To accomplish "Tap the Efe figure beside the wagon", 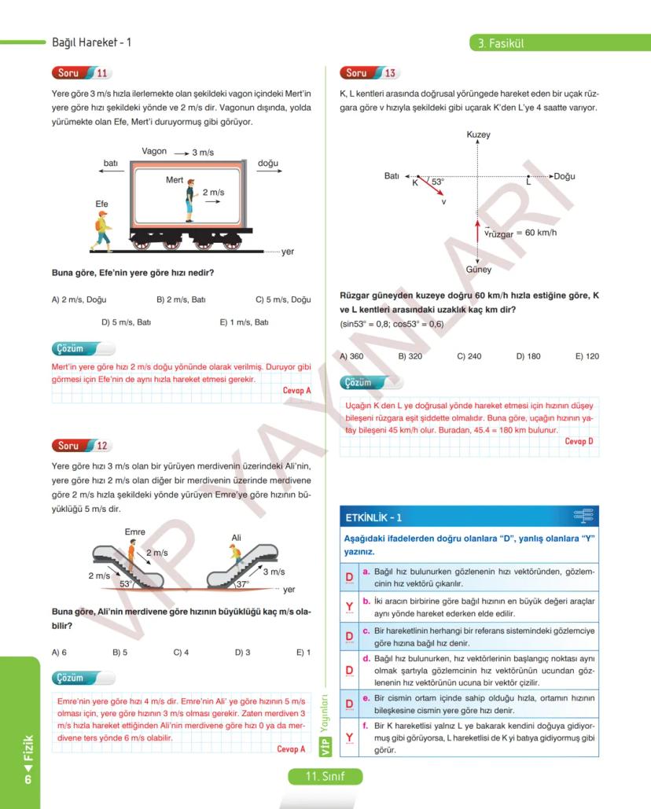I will [102, 228].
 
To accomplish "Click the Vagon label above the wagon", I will [154, 151].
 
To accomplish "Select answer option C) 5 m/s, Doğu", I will [283, 300].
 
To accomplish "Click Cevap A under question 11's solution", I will [296, 390].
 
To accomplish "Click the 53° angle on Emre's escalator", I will [126, 584].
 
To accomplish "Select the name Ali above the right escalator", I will [236, 538].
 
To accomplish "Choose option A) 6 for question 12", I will [59, 652].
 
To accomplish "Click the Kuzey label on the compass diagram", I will [478, 135].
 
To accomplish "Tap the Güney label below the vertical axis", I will [478, 270].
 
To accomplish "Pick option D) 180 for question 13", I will [528, 356].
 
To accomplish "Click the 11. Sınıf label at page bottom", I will [325, 776].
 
